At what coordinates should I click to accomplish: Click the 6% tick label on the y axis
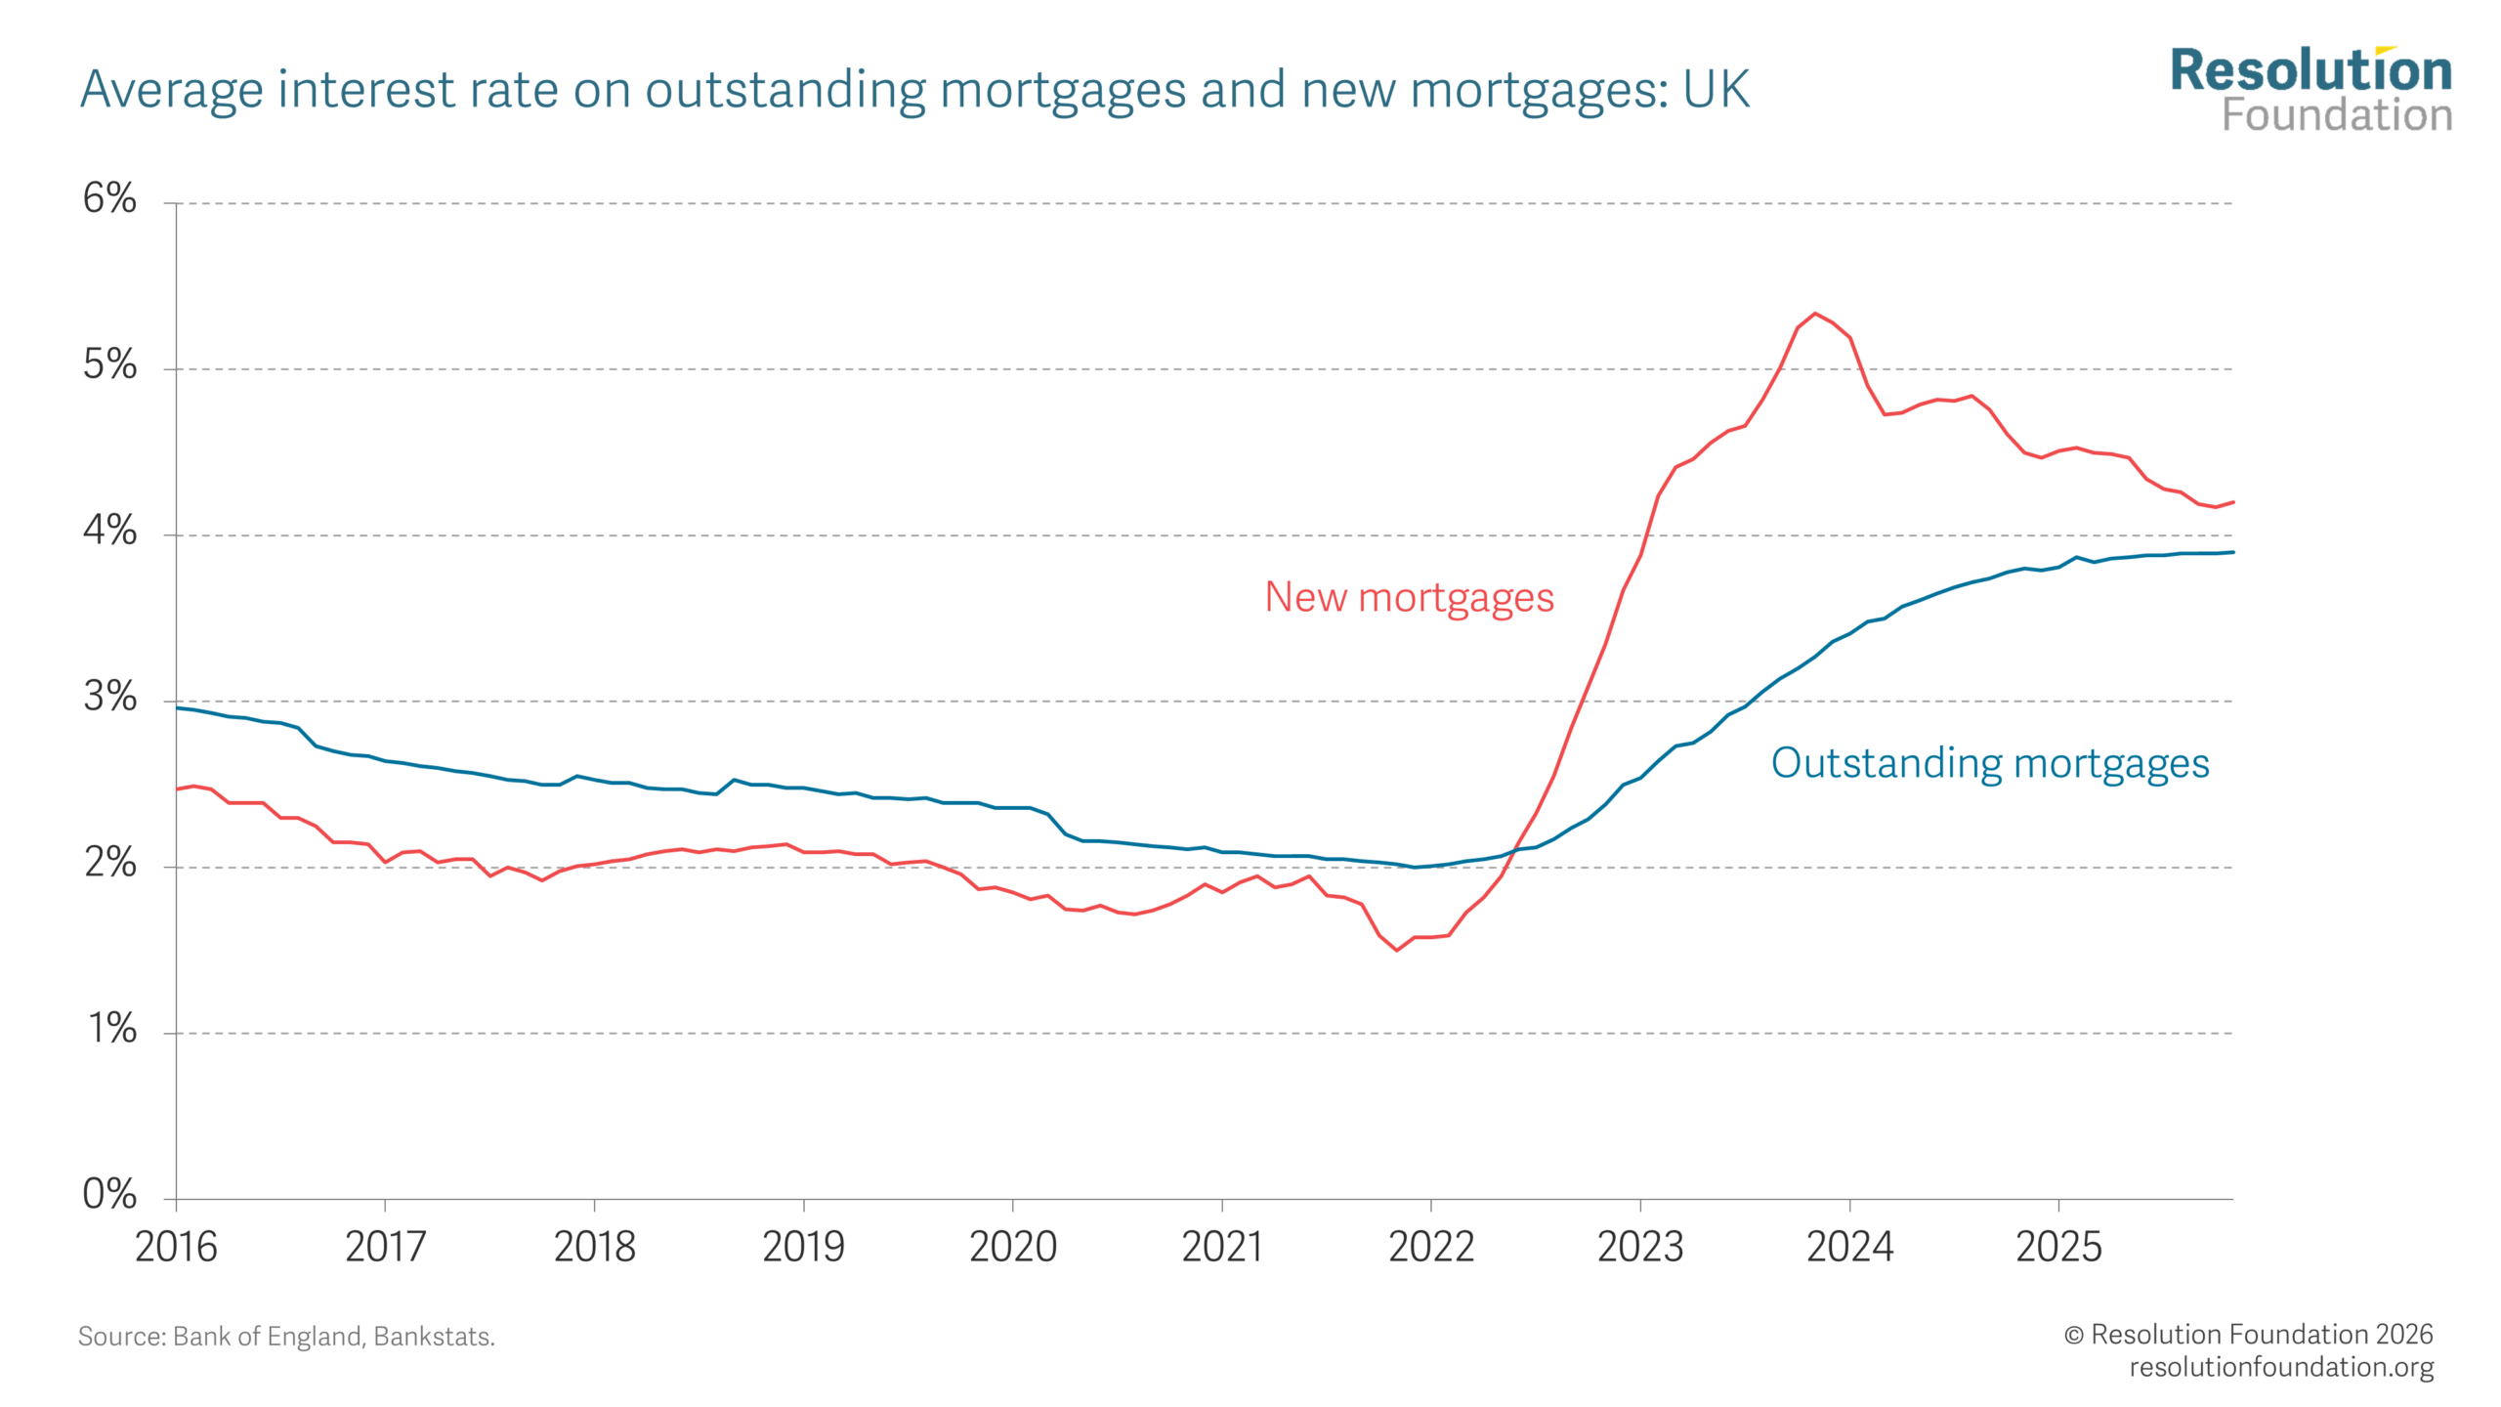pos(108,198)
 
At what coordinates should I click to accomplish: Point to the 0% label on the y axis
pos(108,1194)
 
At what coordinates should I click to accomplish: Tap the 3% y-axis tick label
pos(108,697)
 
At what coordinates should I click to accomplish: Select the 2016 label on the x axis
pos(176,1248)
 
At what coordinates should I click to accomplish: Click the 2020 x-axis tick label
pos(1013,1248)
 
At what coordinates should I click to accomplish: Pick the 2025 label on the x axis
pos(2058,1248)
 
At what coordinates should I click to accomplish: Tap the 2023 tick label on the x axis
pos(1640,1248)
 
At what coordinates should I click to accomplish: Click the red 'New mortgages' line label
pos(1409,597)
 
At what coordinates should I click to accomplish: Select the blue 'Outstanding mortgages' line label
pos(1990,763)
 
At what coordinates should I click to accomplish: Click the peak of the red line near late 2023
pos(1815,314)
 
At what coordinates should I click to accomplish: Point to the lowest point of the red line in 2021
pos(1397,950)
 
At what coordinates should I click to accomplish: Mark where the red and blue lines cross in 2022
pos(1513,850)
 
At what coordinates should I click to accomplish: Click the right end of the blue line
pos(2232,552)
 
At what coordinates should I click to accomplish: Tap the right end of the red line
pos(2232,502)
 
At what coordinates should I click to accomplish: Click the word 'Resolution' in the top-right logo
pos(2310,71)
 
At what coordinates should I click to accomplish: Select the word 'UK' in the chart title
pos(1716,90)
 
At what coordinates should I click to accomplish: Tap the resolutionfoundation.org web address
pos(2281,1367)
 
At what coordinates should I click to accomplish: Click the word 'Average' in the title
pos(172,90)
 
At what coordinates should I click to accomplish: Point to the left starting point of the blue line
pos(178,707)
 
